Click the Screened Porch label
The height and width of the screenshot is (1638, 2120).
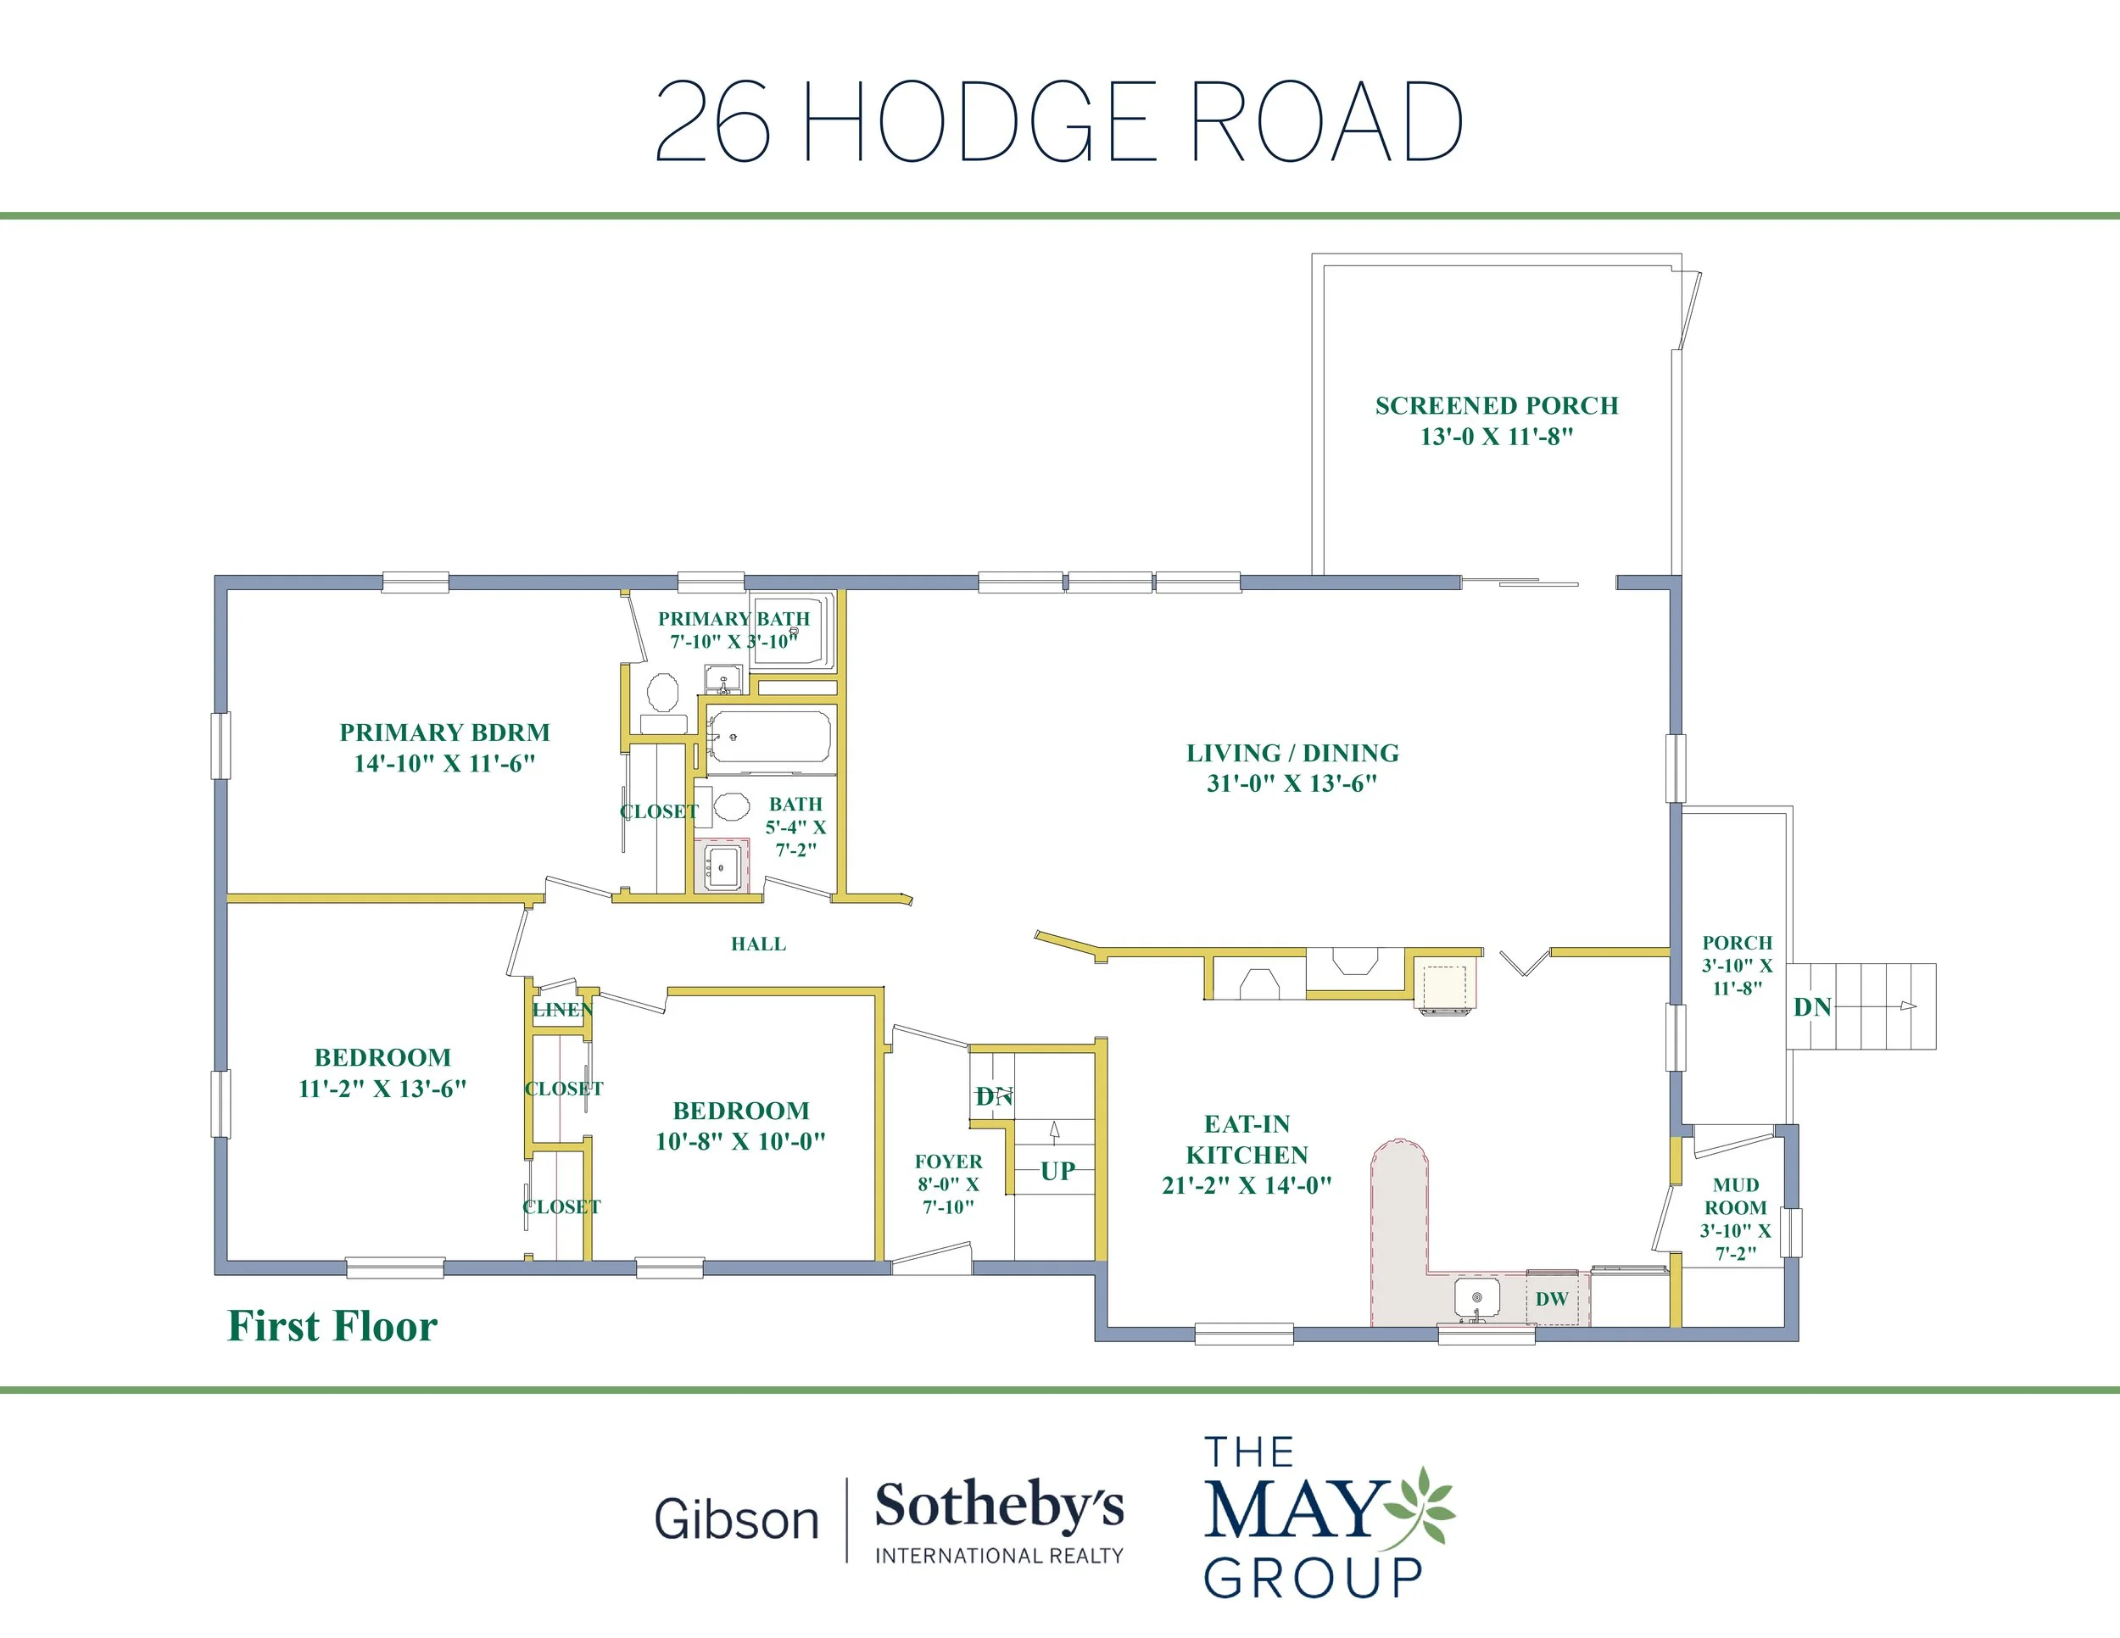coord(1496,421)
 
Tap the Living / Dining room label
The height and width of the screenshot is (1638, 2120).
coord(1292,767)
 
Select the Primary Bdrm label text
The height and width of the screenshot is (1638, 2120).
coord(444,747)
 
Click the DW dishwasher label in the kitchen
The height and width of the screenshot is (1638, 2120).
coord(1551,1298)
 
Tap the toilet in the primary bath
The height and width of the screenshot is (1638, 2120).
coord(663,692)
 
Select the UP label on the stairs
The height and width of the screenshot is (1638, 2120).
coord(1058,1170)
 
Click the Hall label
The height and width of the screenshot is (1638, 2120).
coord(758,944)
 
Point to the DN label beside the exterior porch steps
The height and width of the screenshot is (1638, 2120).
coord(1812,1007)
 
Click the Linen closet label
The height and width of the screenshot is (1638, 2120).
coord(562,1009)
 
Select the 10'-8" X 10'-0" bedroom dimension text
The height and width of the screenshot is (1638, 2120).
coord(740,1141)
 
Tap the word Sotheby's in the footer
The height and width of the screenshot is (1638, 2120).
coord(999,1507)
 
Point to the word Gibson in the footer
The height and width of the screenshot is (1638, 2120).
coord(737,1519)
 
